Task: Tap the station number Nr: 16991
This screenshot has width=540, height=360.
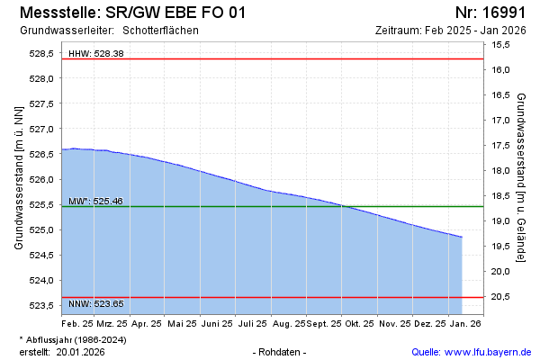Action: pos(490,13)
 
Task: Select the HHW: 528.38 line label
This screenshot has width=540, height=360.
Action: pos(96,54)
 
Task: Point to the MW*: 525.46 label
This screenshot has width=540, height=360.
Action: pos(95,201)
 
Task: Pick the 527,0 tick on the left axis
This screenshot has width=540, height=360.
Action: pos(43,129)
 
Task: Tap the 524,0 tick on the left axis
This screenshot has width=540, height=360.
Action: pos(43,280)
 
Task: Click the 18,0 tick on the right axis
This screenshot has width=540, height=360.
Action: pos(501,170)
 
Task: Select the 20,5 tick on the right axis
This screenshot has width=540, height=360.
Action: pos(501,296)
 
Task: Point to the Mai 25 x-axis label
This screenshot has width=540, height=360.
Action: pos(183,322)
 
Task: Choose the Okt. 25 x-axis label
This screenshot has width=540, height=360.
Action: pos(361,322)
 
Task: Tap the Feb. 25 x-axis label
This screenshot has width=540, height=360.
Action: pos(77,322)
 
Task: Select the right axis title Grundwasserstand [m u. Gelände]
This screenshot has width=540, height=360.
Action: pos(522,168)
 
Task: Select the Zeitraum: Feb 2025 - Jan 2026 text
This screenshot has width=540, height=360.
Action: pos(450,30)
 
